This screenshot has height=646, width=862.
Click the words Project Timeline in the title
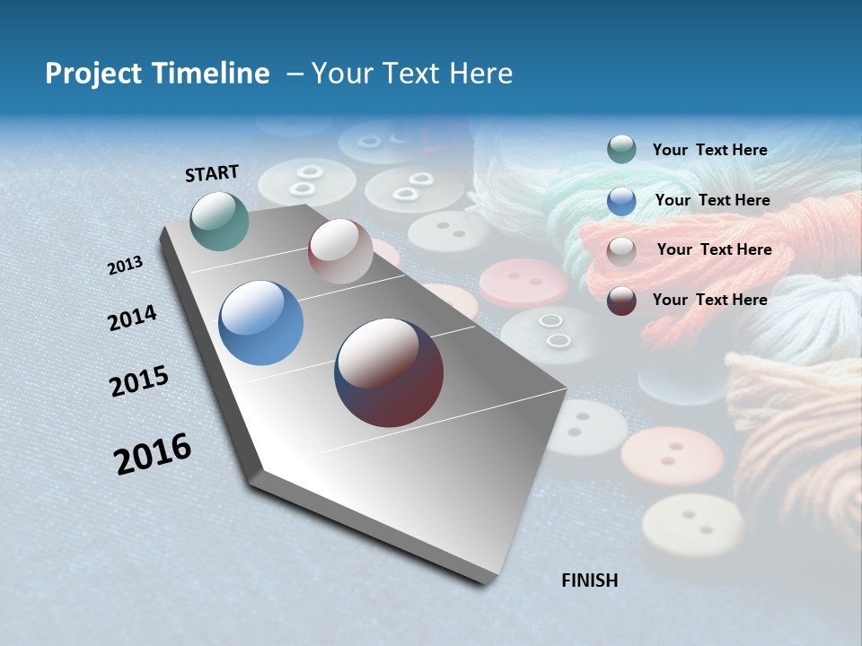[157, 74]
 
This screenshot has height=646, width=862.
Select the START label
[212, 173]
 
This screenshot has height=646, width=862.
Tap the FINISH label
[589, 581]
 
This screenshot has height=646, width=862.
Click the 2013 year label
[125, 266]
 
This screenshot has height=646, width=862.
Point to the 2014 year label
[132, 319]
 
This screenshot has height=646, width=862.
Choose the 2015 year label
[139, 381]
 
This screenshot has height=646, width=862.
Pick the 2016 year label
[153, 453]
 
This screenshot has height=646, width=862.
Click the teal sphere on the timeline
[219, 221]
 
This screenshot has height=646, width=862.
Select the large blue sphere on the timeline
[260, 323]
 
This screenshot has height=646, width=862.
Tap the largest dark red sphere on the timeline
[389, 372]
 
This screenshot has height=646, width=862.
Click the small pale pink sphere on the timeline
[340, 251]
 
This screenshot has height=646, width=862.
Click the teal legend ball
[621, 149]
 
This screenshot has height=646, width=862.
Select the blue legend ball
[621, 200]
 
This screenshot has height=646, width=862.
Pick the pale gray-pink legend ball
[621, 250]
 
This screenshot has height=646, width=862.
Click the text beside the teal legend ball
[709, 150]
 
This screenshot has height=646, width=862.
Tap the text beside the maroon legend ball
[709, 300]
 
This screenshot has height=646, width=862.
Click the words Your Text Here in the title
[411, 74]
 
